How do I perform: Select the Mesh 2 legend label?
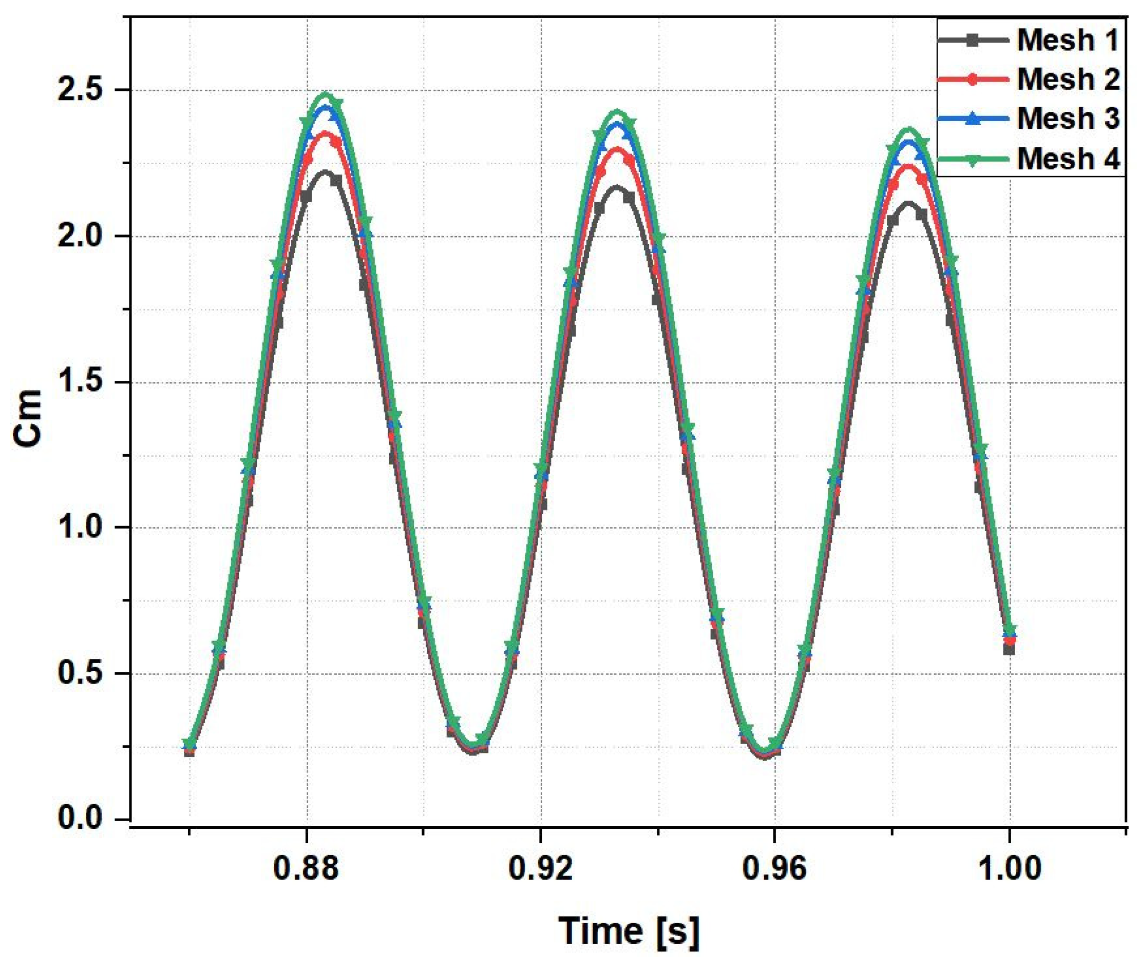tap(1067, 79)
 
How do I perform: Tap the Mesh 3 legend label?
tap(1067, 118)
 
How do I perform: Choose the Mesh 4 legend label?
tap(1067, 159)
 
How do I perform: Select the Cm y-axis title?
tap(28, 418)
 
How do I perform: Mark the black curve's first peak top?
tap(326, 172)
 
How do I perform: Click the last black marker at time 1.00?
tap(1009, 649)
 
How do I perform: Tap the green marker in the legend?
tap(973, 160)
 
